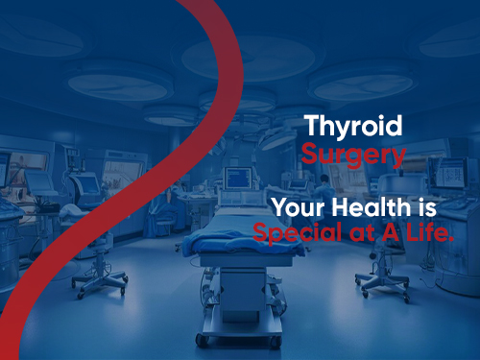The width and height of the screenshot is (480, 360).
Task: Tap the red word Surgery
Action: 352,154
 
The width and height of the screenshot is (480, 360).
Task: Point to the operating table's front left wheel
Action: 201,339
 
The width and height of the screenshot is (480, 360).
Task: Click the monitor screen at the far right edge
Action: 451,174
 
